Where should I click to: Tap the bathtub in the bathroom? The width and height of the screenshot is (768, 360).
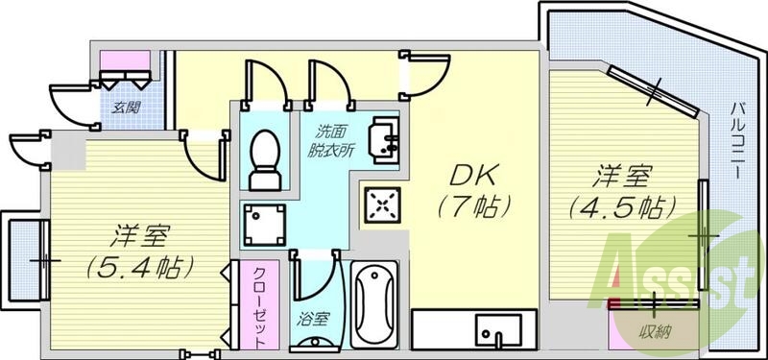(x=371, y=304)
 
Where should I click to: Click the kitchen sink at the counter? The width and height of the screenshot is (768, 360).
(x=498, y=331)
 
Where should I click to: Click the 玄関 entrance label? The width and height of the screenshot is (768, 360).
(x=118, y=108)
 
